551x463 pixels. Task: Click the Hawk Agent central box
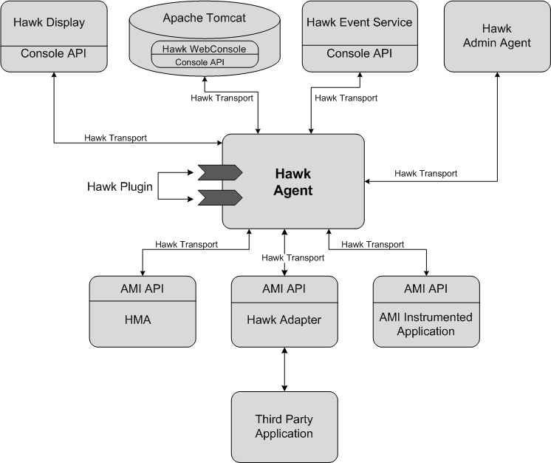pos(293,182)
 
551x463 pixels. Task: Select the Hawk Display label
pos(53,22)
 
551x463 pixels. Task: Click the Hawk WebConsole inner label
pos(205,48)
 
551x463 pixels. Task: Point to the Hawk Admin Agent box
pos(496,36)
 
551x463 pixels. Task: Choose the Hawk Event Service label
pos(359,22)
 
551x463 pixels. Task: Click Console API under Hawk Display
pos(53,53)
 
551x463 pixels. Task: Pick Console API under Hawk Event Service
pos(359,53)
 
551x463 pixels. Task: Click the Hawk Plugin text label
pos(120,186)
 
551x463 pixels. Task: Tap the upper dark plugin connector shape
pos(219,173)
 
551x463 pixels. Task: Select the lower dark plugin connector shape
pos(219,197)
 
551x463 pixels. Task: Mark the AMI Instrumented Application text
pos(426,324)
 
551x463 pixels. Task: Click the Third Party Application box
pos(284,427)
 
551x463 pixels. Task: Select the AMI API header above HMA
pos(143,288)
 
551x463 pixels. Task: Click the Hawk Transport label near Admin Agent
pos(425,173)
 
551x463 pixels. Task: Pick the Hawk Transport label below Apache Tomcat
pos(222,98)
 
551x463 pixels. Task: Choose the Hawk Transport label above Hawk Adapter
pos(292,257)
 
